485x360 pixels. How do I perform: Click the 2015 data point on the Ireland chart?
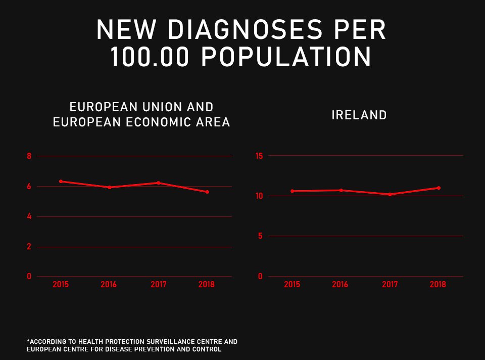tap(292, 191)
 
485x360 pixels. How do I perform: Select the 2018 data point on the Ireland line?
tap(439, 188)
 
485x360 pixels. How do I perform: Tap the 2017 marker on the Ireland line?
tap(390, 194)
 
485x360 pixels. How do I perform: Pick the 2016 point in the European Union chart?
tap(109, 187)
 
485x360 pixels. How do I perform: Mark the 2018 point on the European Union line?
tap(207, 192)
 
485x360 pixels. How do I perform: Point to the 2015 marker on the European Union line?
tap(61, 181)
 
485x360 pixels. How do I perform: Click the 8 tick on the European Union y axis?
tap(29, 156)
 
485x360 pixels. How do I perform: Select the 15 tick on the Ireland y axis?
tap(259, 156)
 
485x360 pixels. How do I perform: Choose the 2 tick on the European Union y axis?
tap(29, 247)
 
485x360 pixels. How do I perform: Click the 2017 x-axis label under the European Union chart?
tap(159, 285)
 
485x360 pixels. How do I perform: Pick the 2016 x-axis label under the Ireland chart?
tap(340, 285)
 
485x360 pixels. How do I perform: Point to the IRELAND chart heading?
tap(359, 115)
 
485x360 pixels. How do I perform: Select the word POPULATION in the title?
tap(286, 57)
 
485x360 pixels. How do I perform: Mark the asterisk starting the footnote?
tap(28, 341)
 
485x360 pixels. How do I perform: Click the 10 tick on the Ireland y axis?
tap(259, 196)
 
